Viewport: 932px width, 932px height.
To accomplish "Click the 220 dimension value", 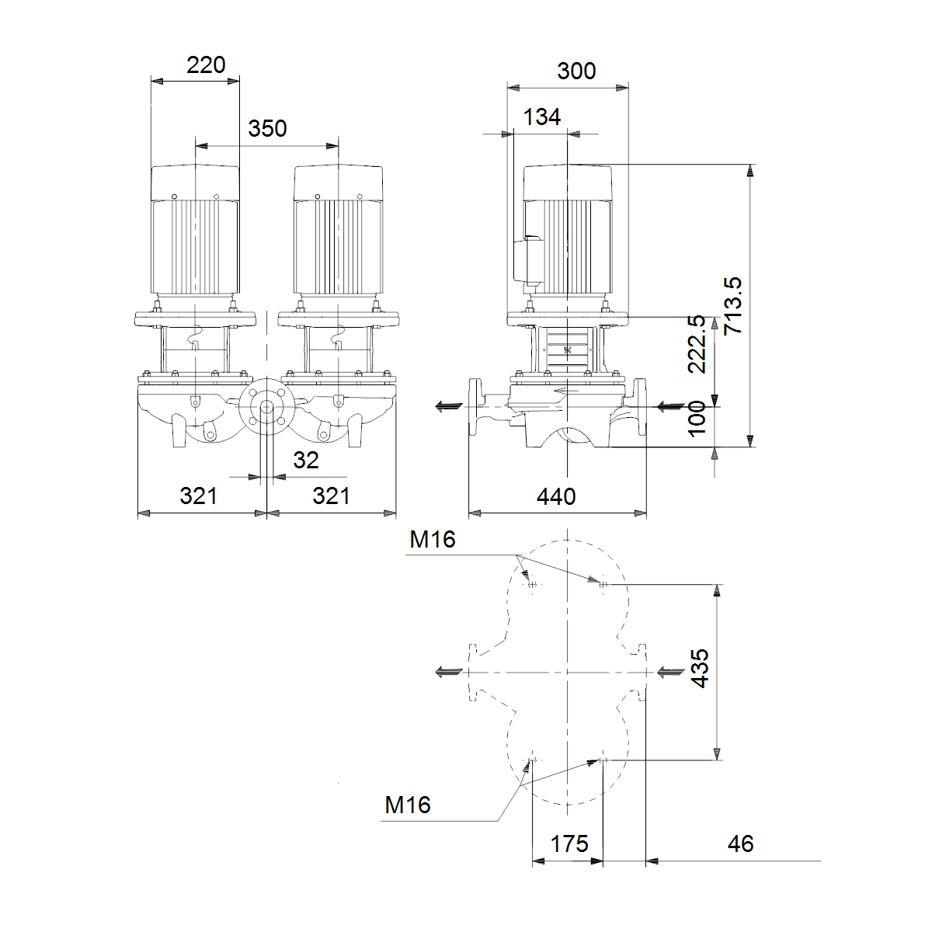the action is pyautogui.click(x=206, y=65).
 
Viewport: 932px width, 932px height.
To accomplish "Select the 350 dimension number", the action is pyautogui.click(x=267, y=129).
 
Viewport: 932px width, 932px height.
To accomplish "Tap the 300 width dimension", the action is pyautogui.click(x=576, y=71).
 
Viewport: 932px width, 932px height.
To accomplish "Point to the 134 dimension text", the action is pyautogui.click(x=542, y=117).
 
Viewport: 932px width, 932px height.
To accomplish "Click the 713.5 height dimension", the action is pyautogui.click(x=732, y=305).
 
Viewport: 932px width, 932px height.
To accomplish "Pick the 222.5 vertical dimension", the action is pyautogui.click(x=697, y=344).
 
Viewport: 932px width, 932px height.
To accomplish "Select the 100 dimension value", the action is pyautogui.click(x=697, y=419).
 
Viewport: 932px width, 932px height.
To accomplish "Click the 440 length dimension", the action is pyautogui.click(x=556, y=497).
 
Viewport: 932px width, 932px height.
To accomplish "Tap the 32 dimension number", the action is pyautogui.click(x=306, y=461).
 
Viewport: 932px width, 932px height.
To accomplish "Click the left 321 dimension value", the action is pyautogui.click(x=198, y=496).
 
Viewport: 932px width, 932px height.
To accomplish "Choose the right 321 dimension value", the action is pyautogui.click(x=332, y=496).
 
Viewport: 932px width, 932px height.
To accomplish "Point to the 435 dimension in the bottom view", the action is pyautogui.click(x=700, y=668).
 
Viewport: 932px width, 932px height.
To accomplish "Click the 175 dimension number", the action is pyautogui.click(x=569, y=844).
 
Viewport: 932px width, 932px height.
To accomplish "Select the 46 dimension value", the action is pyautogui.click(x=740, y=844).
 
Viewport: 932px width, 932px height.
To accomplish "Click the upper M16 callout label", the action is pyautogui.click(x=433, y=539).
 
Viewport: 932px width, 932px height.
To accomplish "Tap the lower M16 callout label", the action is pyautogui.click(x=408, y=805).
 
